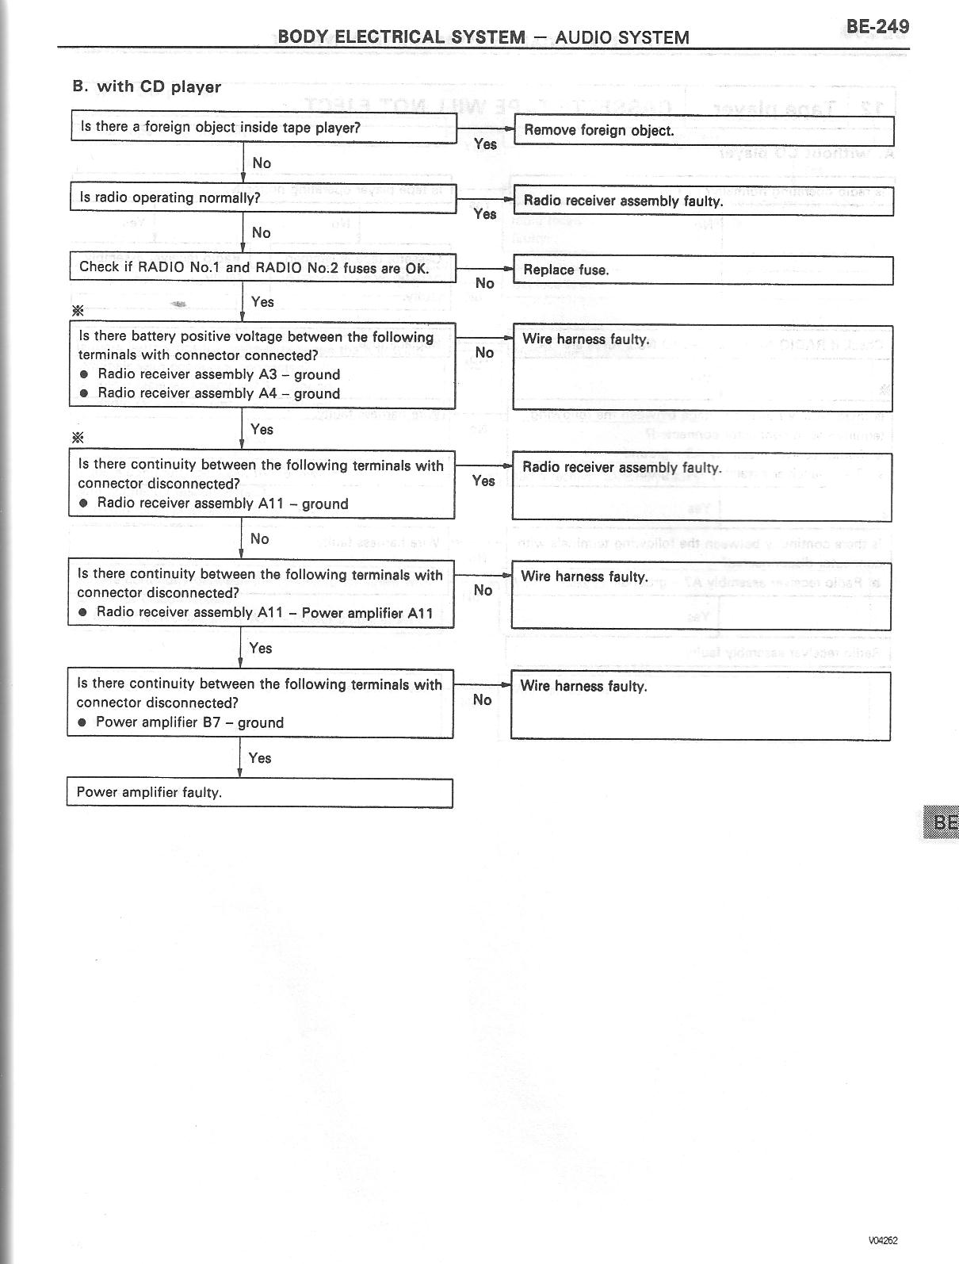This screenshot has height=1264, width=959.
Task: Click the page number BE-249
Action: click(x=877, y=26)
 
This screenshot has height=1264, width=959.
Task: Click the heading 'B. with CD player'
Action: click(x=147, y=86)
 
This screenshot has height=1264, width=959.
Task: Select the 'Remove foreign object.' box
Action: click(x=704, y=131)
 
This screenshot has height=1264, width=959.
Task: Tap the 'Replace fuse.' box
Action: click(x=704, y=270)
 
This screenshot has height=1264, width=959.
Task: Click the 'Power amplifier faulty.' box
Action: click(x=259, y=793)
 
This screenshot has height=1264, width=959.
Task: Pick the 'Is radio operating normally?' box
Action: click(x=263, y=197)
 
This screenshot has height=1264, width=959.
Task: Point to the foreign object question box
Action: click(x=263, y=127)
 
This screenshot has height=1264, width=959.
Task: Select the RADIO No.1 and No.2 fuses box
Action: click(x=263, y=267)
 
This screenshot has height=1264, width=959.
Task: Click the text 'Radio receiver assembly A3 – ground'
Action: click(x=218, y=374)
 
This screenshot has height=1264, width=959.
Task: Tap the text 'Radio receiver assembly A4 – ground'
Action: click(x=218, y=393)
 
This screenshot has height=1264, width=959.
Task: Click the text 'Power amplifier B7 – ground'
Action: click(x=189, y=722)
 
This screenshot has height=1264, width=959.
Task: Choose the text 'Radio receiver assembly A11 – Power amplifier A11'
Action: click(x=265, y=612)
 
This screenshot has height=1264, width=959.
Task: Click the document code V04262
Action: click(x=882, y=1241)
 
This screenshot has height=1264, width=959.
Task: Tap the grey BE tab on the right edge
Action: click(x=942, y=822)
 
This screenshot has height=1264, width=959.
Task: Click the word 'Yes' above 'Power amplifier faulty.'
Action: click(x=260, y=758)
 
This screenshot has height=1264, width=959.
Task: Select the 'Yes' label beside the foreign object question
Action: click(x=485, y=144)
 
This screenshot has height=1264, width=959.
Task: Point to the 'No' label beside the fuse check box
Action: click(x=485, y=283)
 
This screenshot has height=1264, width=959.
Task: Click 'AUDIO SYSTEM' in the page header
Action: click(x=621, y=37)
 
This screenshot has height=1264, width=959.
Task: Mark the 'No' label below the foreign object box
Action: click(x=262, y=163)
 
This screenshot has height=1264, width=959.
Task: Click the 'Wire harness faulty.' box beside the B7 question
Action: click(x=700, y=706)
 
